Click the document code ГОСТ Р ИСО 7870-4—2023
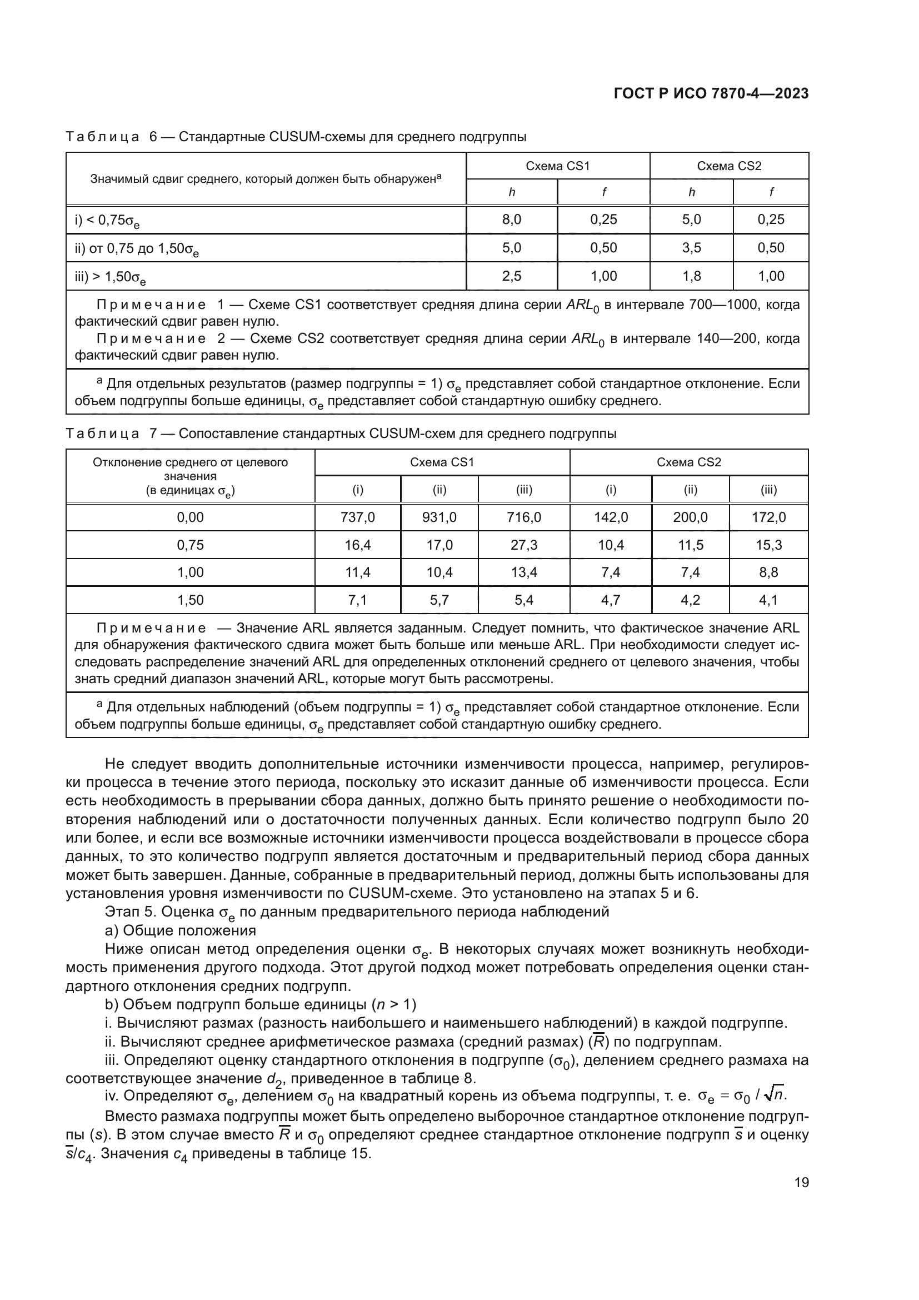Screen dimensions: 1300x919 coord(711,93)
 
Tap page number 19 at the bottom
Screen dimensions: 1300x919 coord(801,1182)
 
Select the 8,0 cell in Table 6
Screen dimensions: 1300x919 coord(512,220)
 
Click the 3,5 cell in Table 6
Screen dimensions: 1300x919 coord(691,247)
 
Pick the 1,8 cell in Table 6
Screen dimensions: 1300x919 coord(691,276)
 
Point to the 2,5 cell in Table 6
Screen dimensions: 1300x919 coord(512,276)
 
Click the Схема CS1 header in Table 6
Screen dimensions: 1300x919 coord(557,166)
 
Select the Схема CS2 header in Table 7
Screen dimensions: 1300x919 coord(688,462)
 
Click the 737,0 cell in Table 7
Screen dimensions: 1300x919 coord(358,517)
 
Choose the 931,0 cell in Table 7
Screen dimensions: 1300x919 coord(439,517)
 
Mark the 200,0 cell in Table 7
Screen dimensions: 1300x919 coord(691,517)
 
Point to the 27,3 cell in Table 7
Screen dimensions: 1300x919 coord(524,545)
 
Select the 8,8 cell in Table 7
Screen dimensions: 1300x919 coord(768,572)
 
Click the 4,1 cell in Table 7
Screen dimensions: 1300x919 coord(768,600)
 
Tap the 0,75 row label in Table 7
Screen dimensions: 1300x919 coord(190,545)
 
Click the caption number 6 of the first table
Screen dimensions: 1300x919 coord(153,137)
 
